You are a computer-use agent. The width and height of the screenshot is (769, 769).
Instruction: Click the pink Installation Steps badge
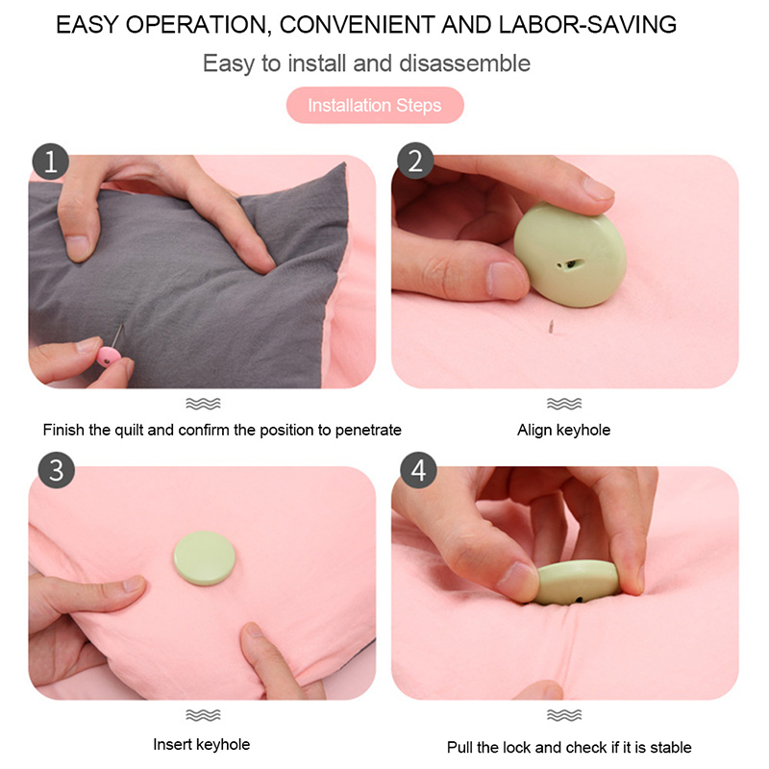tap(375, 105)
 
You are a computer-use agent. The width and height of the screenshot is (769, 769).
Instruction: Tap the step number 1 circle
tap(51, 161)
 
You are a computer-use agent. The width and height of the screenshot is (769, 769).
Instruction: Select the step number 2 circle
tap(415, 161)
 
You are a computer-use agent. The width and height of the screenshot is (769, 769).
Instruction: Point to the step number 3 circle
tap(57, 470)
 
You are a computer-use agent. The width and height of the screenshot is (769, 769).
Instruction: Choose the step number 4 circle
tap(418, 470)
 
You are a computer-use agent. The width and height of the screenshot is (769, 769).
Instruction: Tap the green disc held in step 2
tap(570, 255)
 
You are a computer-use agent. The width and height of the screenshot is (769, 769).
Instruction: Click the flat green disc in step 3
tap(204, 558)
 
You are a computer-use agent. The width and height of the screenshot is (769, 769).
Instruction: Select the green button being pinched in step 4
tap(576, 583)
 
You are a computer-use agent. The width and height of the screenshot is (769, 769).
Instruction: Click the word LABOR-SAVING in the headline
tap(587, 25)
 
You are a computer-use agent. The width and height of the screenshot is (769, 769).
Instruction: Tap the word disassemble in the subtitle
tap(464, 63)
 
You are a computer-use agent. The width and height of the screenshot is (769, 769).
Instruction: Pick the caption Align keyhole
tap(563, 430)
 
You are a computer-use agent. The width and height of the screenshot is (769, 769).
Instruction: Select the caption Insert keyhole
tap(202, 744)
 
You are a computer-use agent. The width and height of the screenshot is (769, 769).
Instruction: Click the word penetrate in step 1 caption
tap(368, 430)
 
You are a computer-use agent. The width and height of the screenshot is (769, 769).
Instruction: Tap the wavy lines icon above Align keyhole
tap(564, 404)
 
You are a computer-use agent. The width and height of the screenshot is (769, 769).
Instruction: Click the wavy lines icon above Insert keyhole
tap(203, 715)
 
